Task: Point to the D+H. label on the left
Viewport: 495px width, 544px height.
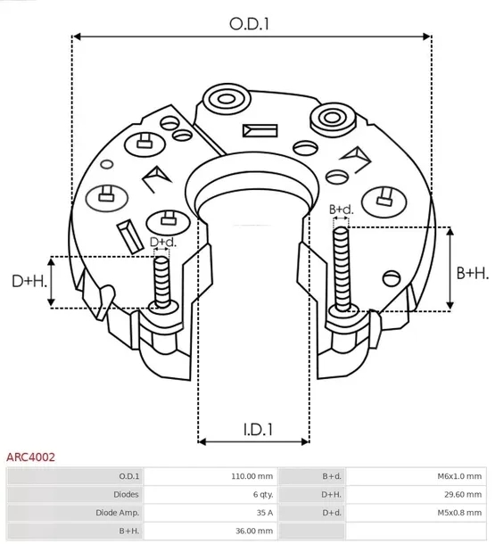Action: point(28,282)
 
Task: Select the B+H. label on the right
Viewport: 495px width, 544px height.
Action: point(472,272)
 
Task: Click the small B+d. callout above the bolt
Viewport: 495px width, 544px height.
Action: point(341,210)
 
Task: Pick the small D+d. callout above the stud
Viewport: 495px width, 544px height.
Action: point(162,242)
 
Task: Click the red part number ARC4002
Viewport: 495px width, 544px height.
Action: point(31,457)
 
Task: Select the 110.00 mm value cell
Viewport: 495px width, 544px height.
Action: point(252,476)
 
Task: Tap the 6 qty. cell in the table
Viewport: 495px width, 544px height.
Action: point(261,494)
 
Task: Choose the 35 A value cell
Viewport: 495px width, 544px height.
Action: point(263,512)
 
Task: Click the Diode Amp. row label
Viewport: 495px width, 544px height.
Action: point(116,512)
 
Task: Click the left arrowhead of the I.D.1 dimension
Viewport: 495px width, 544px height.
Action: point(202,441)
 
